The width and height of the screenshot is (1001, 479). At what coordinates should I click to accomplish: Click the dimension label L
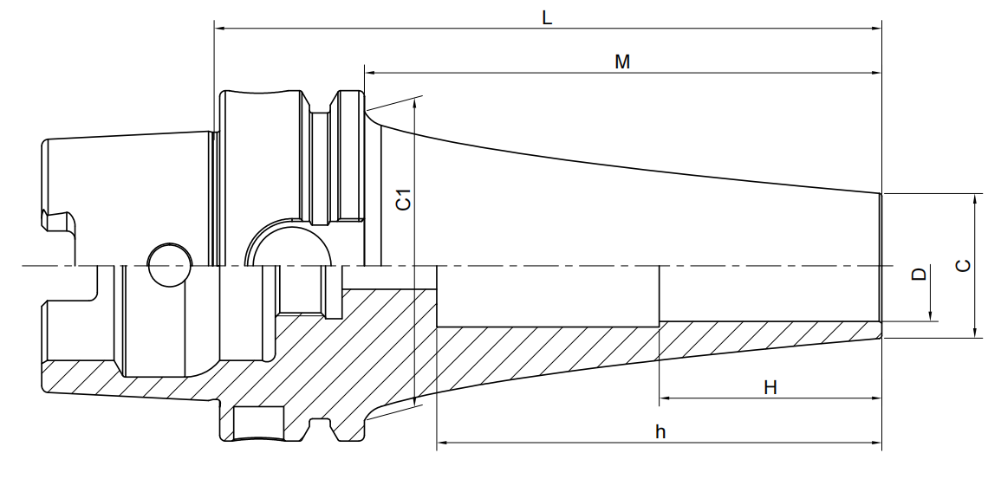tap(547, 18)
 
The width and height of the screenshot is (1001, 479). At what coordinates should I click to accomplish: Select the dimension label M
tap(622, 61)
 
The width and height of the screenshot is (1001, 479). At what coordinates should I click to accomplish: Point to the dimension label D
tap(919, 275)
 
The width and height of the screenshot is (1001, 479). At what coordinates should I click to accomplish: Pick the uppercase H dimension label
tap(770, 387)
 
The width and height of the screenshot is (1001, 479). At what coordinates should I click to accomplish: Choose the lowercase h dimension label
tap(660, 432)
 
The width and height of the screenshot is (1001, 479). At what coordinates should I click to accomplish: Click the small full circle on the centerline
tap(170, 264)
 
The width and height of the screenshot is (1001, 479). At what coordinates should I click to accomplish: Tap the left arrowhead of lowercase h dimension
tap(442, 442)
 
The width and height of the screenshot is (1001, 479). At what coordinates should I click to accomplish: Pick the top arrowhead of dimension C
tap(975, 199)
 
